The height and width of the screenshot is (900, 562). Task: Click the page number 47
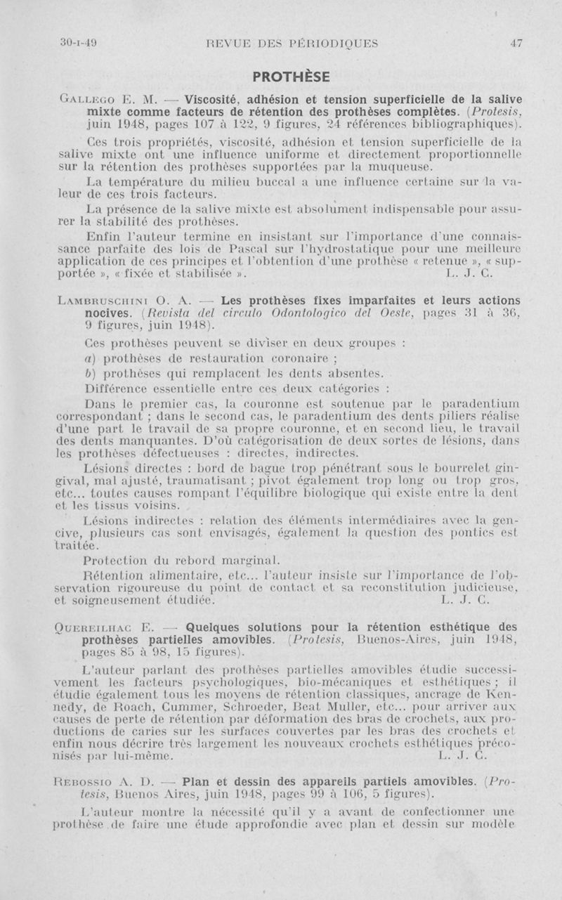(x=516, y=43)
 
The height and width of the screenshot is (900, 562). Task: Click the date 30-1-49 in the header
(x=78, y=43)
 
